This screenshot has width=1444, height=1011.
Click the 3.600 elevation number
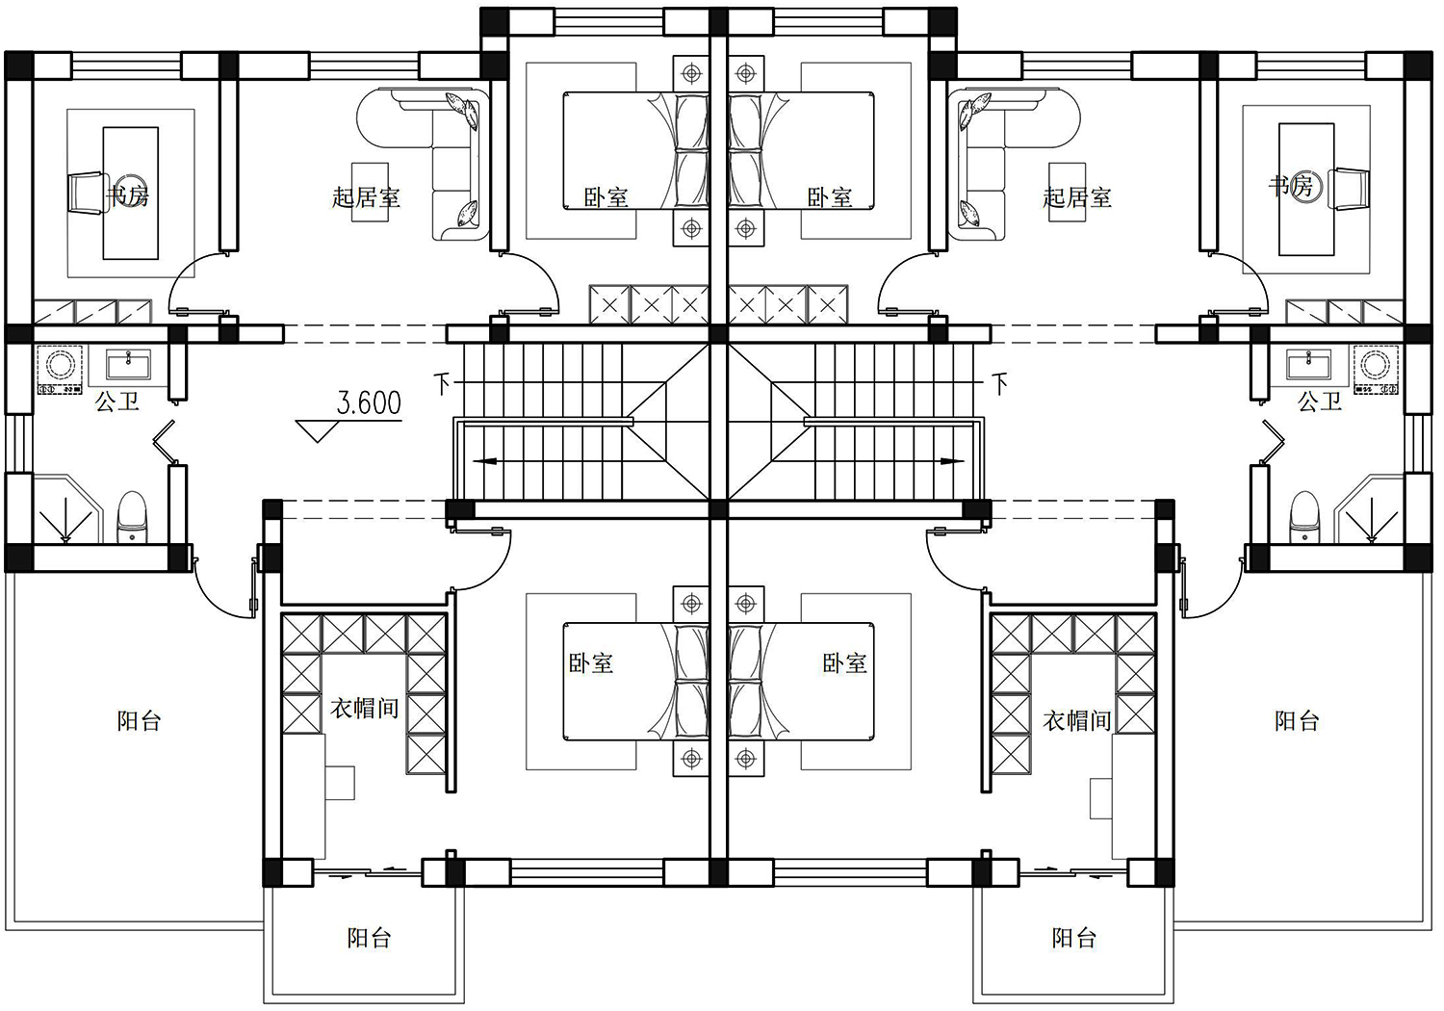[369, 403]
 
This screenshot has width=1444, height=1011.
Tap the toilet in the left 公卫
[133, 518]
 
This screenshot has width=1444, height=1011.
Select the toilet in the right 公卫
[1305, 518]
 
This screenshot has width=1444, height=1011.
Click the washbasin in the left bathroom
[128, 366]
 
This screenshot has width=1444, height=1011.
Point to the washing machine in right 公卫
[1376, 370]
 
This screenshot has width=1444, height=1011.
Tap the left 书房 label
[128, 194]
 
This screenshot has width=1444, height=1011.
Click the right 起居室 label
[1077, 197]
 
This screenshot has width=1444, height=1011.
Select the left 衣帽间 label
[365, 709]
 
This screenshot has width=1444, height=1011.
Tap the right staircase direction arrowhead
[953, 461]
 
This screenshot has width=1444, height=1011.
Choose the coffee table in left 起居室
[370, 193]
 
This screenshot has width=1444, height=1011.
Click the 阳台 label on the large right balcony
[1297, 721]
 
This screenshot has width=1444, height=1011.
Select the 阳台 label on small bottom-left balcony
[370, 938]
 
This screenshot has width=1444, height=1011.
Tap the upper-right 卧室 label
[830, 197]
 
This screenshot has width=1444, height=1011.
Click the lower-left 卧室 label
[590, 662]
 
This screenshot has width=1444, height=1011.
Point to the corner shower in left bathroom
[67, 509]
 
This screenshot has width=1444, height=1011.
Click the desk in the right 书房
[1306, 189]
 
